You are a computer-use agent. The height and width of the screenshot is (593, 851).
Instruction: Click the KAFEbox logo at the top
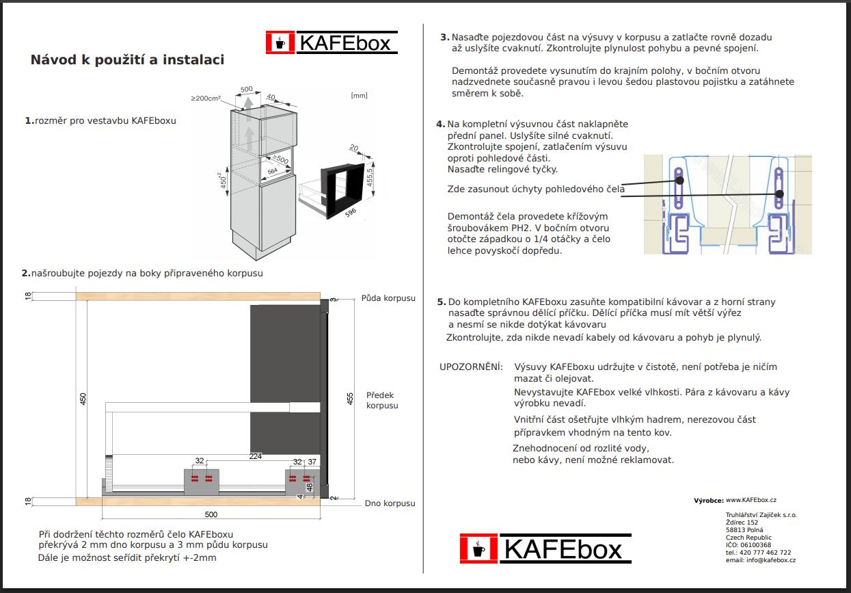point(332,43)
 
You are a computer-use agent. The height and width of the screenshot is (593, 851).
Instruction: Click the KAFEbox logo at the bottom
point(545,549)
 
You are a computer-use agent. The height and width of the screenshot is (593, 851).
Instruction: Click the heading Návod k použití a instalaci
point(127,60)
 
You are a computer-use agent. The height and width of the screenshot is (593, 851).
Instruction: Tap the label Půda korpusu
point(388,298)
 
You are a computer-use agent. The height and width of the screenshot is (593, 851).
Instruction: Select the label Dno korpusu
point(390,503)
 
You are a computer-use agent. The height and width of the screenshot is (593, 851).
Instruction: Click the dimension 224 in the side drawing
point(256,456)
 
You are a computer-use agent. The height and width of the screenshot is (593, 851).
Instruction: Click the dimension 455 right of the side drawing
point(351,399)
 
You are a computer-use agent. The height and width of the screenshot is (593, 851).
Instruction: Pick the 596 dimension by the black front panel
point(351,212)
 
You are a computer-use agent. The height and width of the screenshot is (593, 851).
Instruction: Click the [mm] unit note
point(359,96)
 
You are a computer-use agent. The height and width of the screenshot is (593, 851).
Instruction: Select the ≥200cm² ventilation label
point(206,98)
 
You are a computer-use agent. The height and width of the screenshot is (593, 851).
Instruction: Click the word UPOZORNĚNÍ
point(471,367)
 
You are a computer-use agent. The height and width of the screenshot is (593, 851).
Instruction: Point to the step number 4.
point(440,124)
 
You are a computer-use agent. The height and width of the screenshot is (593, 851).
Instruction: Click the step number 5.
point(441,302)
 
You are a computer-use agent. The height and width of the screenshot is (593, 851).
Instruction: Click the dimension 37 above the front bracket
point(312,462)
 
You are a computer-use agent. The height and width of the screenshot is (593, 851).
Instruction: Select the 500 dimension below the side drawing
point(211,514)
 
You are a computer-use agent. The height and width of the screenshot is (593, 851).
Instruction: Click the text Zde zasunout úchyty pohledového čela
point(536,189)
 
